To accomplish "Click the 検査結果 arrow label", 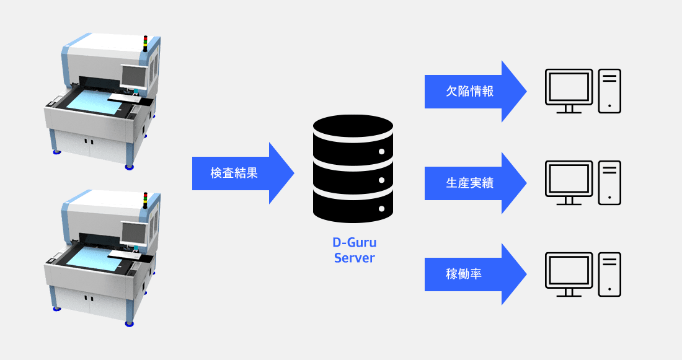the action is click(x=234, y=173).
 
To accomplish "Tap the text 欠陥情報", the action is click(x=470, y=91).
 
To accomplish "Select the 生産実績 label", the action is click(x=470, y=183).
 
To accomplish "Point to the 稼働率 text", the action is click(x=464, y=274).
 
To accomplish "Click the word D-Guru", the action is click(x=355, y=242).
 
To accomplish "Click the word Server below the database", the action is click(x=355, y=258).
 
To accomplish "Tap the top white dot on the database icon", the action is click(x=381, y=152).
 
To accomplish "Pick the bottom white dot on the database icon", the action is click(x=381, y=209).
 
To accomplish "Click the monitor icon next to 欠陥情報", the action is click(x=569, y=91).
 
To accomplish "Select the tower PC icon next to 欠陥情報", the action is click(x=609, y=91).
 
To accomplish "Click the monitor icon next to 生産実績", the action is click(x=569, y=183).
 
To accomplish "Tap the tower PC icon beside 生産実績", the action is click(x=609, y=183).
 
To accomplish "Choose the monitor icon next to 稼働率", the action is click(x=569, y=274).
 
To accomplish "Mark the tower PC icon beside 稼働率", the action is click(x=609, y=274).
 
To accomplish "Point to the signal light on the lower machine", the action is click(x=145, y=200).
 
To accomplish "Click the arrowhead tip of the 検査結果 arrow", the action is click(x=294, y=173).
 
